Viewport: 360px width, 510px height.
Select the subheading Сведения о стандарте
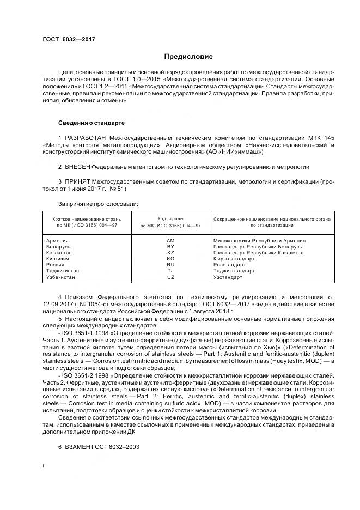coord(91,122)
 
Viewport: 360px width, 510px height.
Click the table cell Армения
coord(57,240)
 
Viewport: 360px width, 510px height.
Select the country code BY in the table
coord(170,247)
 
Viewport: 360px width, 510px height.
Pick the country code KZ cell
coord(170,253)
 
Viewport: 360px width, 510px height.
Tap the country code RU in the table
coord(170,265)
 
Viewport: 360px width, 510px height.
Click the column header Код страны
coord(170,218)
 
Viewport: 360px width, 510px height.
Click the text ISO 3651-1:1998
coord(84,332)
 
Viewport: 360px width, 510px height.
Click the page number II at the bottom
coord(45,466)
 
